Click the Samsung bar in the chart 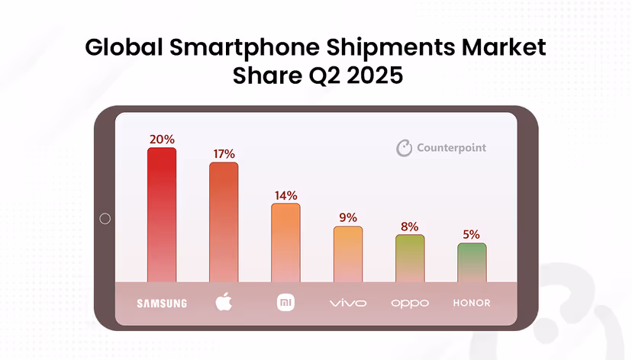click(x=162, y=215)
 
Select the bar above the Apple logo click(x=224, y=222)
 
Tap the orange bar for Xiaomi click(x=285, y=243)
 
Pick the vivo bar click(x=348, y=254)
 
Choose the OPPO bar click(x=410, y=259)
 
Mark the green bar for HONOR click(x=472, y=262)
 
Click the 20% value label click(x=162, y=140)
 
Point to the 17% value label click(x=224, y=154)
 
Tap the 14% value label click(x=285, y=195)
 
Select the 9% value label click(x=348, y=217)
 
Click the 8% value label click(x=410, y=226)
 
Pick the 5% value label click(x=472, y=235)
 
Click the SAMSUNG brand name click(x=162, y=304)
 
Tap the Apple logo click(x=224, y=302)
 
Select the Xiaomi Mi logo click(x=285, y=303)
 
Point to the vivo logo click(x=348, y=304)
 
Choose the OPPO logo click(x=410, y=304)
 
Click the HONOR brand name click(x=472, y=304)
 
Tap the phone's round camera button click(x=105, y=219)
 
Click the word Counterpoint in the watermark click(x=451, y=148)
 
